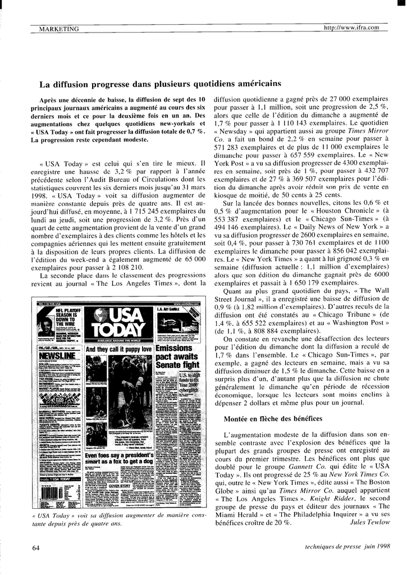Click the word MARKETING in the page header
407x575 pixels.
coord(59,29)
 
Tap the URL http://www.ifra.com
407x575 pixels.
coord(351,28)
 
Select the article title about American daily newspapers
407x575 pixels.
coord(159,84)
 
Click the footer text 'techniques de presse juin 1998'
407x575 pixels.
coord(347,546)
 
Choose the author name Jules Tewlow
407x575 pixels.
coord(369,522)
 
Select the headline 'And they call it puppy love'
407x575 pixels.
coord(118,349)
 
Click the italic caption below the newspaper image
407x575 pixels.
coord(119,519)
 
